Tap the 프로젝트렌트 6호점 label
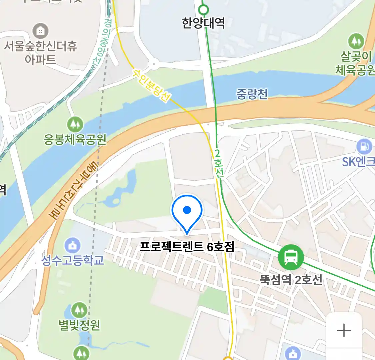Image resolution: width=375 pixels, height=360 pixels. coord(187,247)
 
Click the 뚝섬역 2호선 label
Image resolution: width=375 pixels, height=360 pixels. coord(291,279)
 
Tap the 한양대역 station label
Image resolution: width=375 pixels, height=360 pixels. coord(203,23)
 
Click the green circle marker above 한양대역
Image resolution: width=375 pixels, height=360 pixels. coord(203,9)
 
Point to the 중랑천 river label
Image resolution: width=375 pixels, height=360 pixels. coord(252,94)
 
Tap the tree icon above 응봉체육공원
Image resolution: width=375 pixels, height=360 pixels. coord(75,125)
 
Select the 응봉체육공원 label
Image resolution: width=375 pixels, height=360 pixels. coord(75,139)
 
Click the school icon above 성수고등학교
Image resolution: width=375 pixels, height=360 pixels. coord(72,246)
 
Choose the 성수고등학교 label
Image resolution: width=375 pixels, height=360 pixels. coord(72,260)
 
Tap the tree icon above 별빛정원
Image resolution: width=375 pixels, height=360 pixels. coord(79,310)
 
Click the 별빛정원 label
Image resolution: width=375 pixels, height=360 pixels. coord(79,324)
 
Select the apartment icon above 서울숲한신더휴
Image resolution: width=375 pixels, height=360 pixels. coord(41,31)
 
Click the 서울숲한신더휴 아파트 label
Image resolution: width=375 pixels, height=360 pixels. coord(40,52)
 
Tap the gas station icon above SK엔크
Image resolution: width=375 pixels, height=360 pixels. coord(364,147)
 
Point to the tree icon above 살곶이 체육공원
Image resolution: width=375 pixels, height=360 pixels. coord(356,41)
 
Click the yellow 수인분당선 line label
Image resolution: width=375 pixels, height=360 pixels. coord(152,85)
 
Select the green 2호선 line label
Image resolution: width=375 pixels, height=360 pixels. coord(219,163)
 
